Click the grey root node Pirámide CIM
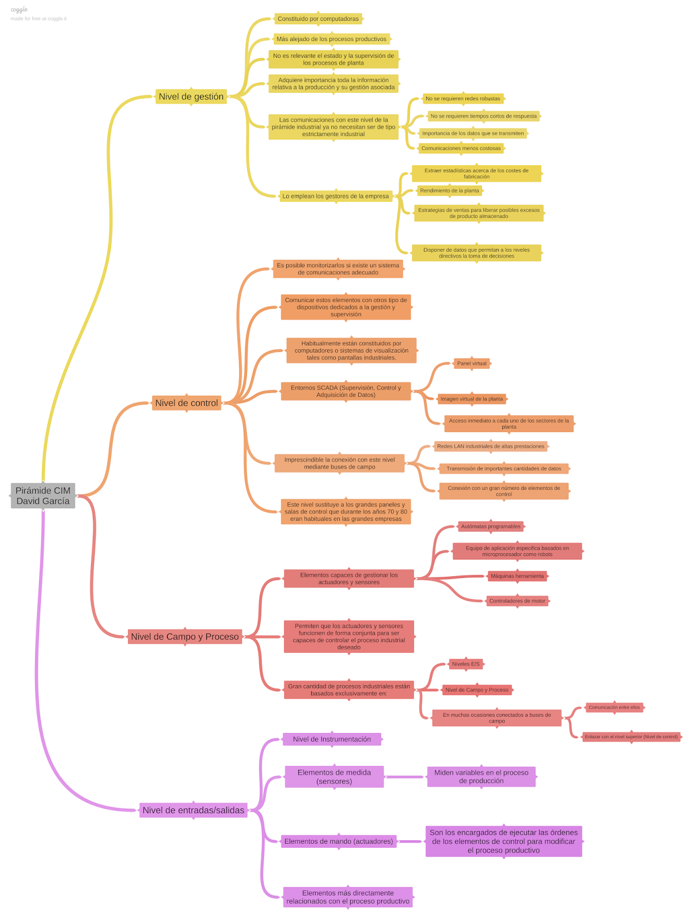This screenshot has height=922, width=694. [x=43, y=496]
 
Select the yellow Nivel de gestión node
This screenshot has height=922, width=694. [x=191, y=97]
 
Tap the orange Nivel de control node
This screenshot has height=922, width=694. [x=187, y=403]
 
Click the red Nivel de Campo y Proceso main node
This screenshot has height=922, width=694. [x=184, y=637]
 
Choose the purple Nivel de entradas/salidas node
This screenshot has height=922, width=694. [x=193, y=810]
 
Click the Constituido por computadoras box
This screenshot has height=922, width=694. [x=318, y=19]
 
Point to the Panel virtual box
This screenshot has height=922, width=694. [x=472, y=364]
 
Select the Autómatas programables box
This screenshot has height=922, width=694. [x=491, y=527]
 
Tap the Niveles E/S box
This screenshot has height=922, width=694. [x=465, y=664]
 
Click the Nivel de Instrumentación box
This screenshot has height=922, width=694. [x=332, y=739]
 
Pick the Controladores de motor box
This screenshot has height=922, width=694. [x=517, y=601]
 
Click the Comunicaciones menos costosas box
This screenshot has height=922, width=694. [x=461, y=149]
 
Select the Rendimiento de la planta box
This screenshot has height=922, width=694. [x=449, y=191]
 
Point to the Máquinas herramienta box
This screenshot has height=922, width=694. [x=517, y=576]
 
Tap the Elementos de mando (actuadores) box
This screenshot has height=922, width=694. [x=339, y=841]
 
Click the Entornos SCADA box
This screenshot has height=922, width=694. [x=346, y=391]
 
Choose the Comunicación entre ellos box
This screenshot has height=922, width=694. [x=614, y=708]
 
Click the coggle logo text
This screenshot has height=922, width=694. [x=19, y=10]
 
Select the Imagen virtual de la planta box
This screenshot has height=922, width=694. [x=472, y=399]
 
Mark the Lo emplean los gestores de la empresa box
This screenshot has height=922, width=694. [x=335, y=197]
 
